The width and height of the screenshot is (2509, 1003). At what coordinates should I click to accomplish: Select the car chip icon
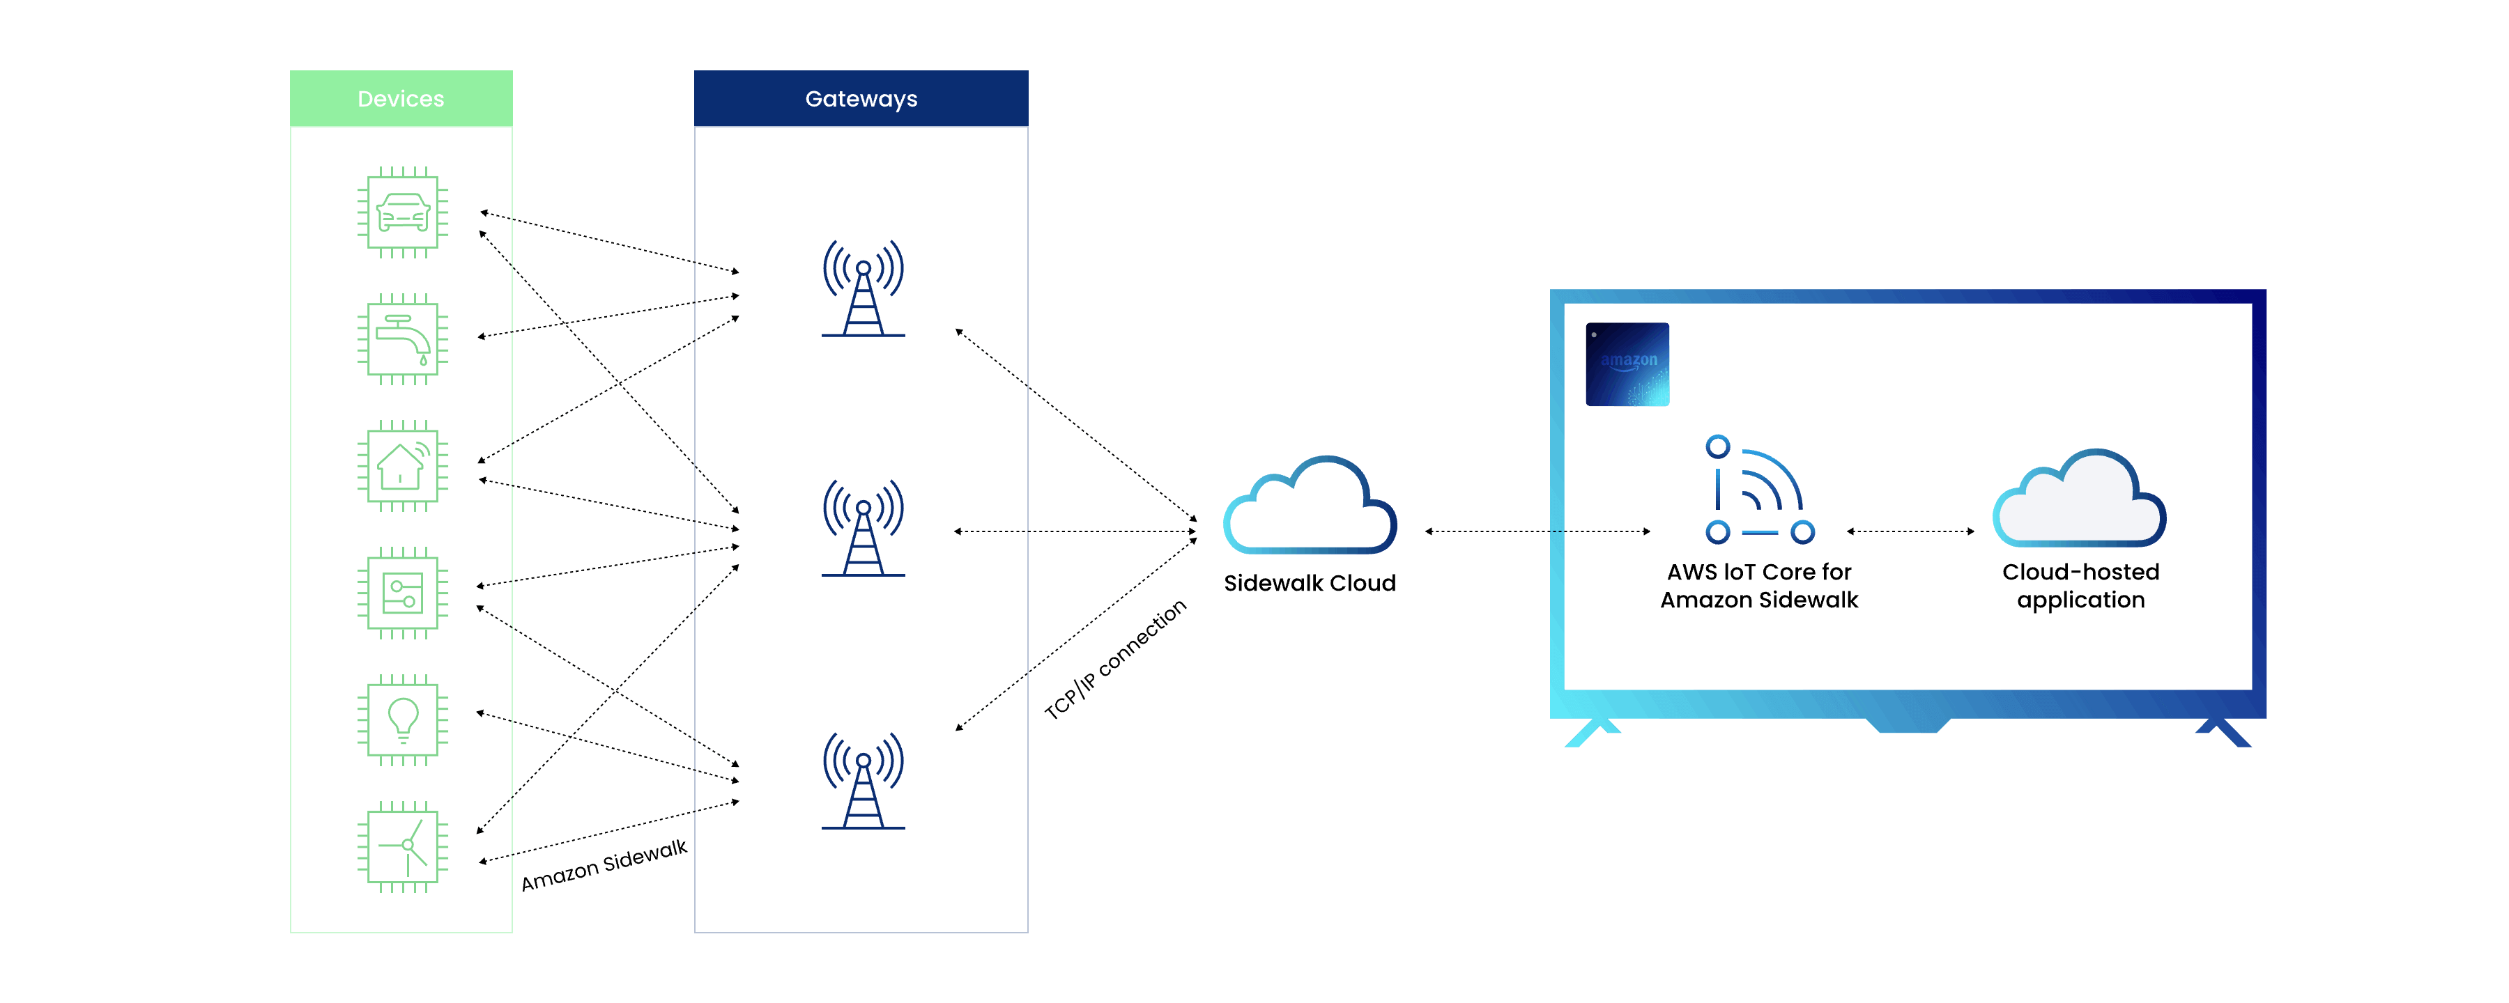[402, 212]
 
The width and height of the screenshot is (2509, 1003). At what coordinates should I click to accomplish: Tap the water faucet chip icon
[402, 339]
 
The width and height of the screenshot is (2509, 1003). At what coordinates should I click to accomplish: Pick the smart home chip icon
[402, 465]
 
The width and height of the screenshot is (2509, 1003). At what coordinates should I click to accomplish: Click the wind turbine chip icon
[402, 846]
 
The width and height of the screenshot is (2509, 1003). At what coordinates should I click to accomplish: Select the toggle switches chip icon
[402, 592]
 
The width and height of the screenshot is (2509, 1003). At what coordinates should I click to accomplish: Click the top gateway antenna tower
[863, 289]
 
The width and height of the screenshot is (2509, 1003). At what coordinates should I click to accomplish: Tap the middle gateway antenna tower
[863, 528]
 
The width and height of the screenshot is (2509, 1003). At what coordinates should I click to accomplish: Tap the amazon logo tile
[1627, 364]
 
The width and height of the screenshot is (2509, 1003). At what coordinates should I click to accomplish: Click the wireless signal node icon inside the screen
[1759, 490]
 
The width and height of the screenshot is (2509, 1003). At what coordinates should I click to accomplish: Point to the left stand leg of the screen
[1590, 732]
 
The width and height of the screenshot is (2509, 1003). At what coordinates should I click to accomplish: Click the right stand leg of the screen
[2224, 732]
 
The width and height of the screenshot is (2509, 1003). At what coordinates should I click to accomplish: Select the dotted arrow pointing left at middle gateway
[990, 531]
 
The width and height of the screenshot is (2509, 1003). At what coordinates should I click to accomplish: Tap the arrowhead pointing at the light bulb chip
[481, 713]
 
